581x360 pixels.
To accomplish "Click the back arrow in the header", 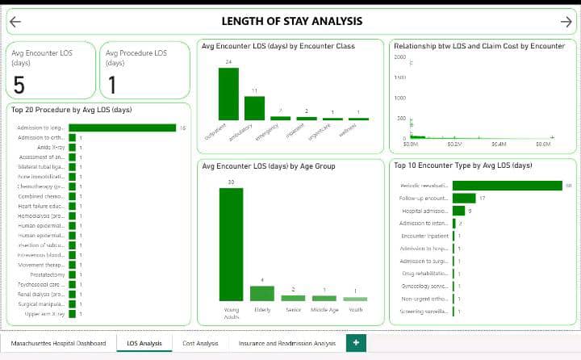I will click(x=15, y=22).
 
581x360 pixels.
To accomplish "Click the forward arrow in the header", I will click(x=566, y=22).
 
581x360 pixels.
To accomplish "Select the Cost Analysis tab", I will click(x=200, y=344).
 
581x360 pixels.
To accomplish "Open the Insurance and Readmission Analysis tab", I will click(x=286, y=344).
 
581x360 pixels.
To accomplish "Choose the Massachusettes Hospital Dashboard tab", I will click(x=58, y=344).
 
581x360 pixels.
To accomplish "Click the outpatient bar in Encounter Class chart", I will click(x=228, y=94).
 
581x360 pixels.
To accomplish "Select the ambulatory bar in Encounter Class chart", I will click(x=254, y=108).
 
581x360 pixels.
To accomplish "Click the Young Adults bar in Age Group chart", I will click(x=231, y=245).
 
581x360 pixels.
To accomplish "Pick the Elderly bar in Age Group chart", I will click(x=262, y=293).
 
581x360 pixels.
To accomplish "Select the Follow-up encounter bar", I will click(x=464, y=198).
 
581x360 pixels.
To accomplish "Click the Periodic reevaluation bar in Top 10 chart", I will click(x=507, y=186).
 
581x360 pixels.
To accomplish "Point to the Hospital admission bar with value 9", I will click(x=458, y=211).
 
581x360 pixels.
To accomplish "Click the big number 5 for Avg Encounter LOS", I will click(x=19, y=85).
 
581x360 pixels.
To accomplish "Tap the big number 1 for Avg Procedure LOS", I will click(x=111, y=85).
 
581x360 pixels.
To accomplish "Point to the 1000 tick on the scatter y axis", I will click(x=400, y=98).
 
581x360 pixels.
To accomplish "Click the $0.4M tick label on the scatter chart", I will click(x=499, y=144).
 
